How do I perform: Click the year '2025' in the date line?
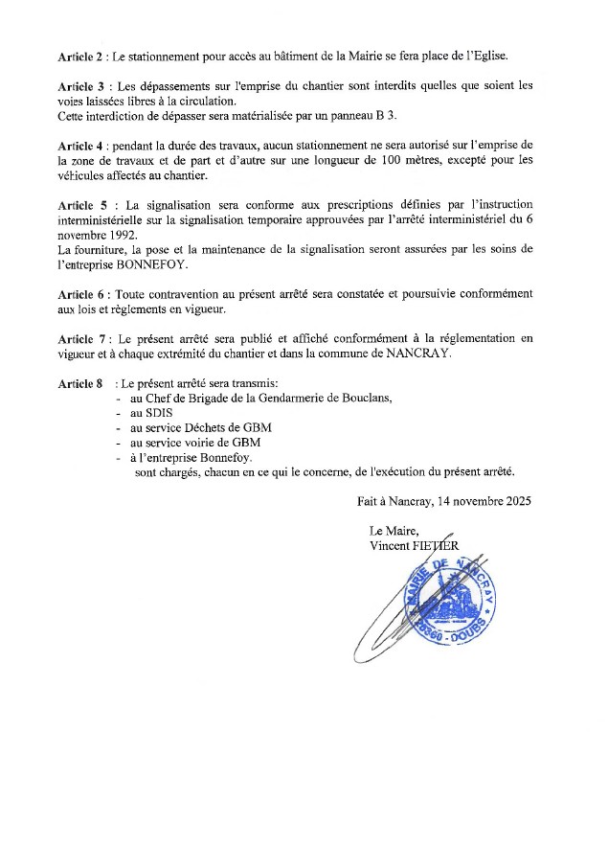510,501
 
